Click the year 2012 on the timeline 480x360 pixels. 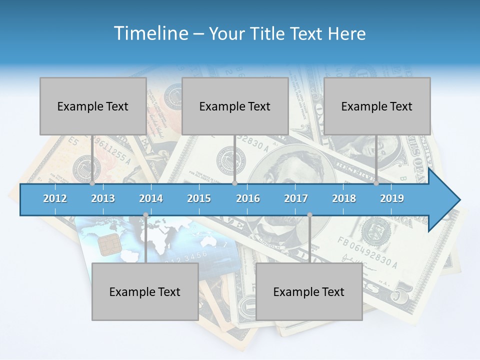(x=55, y=198)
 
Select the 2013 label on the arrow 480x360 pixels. (x=103, y=198)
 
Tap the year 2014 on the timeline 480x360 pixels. (x=151, y=198)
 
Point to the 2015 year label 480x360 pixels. (x=199, y=198)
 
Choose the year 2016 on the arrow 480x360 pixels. (x=248, y=198)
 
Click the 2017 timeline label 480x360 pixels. (x=296, y=198)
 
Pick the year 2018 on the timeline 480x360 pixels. (x=344, y=198)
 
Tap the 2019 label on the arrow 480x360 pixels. (x=392, y=198)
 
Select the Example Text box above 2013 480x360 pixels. (x=93, y=106)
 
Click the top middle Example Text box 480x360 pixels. (x=235, y=106)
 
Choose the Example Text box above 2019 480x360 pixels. (x=377, y=106)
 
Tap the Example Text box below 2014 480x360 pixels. (x=145, y=291)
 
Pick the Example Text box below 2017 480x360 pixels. (x=309, y=291)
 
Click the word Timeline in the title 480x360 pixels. (x=150, y=33)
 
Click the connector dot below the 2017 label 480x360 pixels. (x=309, y=215)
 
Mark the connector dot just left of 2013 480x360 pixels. (x=92, y=183)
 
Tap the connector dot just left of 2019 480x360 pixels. (x=376, y=183)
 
